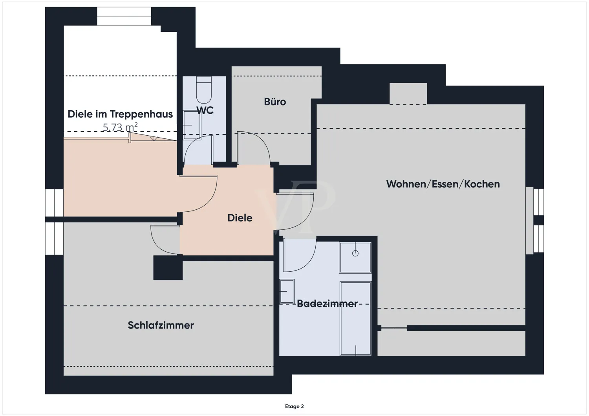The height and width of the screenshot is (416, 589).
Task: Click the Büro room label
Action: (x=275, y=102)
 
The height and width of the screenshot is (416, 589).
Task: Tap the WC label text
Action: (x=205, y=111)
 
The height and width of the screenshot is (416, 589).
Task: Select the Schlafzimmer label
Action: (x=161, y=325)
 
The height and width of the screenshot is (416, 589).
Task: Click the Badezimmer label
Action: (x=327, y=303)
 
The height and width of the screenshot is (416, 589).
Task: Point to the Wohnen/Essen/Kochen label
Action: (x=443, y=184)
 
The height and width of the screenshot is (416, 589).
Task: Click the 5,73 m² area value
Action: (x=120, y=127)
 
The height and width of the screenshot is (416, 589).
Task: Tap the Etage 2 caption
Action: (x=294, y=407)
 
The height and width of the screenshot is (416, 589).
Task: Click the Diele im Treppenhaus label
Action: (x=120, y=114)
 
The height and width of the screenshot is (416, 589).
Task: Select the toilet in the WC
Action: (x=204, y=90)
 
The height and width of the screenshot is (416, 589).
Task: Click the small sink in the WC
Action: (x=192, y=125)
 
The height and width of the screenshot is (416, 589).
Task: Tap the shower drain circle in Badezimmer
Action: (x=355, y=253)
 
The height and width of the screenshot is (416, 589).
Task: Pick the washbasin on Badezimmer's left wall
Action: (x=287, y=291)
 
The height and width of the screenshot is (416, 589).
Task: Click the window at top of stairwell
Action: (x=124, y=16)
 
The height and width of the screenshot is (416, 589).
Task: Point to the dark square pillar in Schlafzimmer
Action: (x=168, y=268)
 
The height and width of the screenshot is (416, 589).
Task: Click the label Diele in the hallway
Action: (x=240, y=218)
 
